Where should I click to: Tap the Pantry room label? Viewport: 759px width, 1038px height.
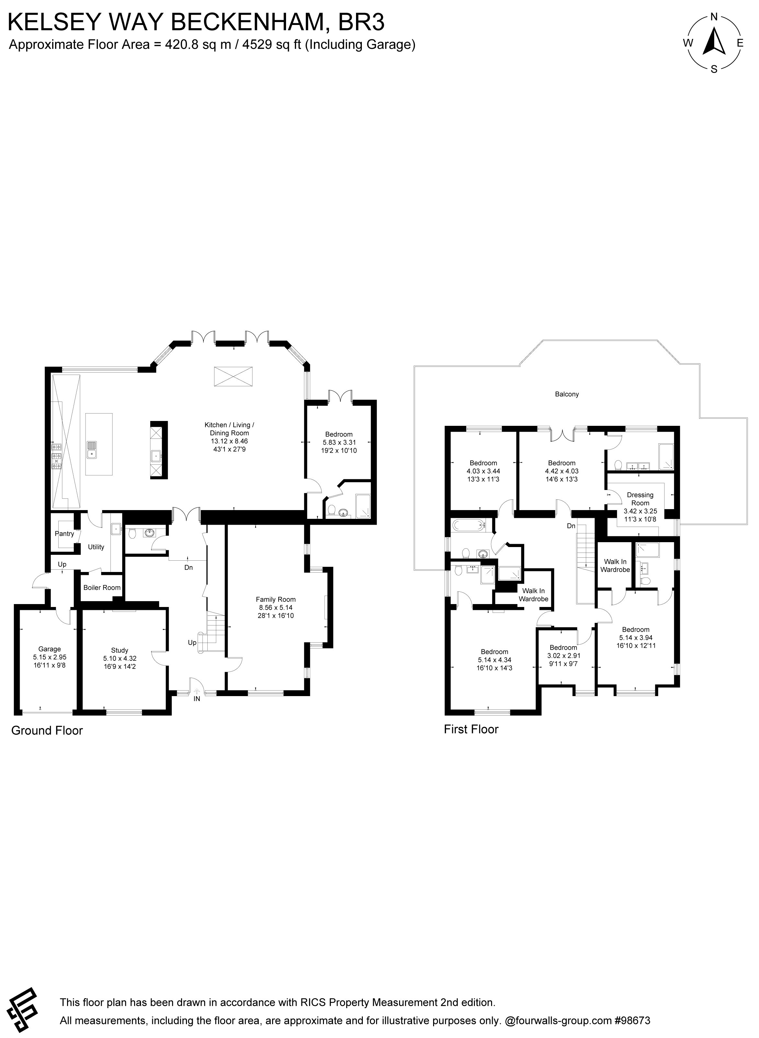click(x=64, y=533)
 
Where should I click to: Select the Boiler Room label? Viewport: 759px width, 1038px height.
click(x=102, y=587)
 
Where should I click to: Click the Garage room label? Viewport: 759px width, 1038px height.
click(x=50, y=649)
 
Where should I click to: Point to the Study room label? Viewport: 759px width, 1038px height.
click(x=120, y=650)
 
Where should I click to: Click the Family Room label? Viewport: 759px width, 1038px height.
click(x=276, y=599)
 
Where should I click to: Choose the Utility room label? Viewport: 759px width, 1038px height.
click(x=96, y=547)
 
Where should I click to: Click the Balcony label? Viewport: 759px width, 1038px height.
click(x=567, y=394)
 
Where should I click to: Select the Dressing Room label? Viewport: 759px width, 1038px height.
click(x=640, y=499)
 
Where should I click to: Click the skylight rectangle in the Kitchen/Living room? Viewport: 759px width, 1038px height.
click(x=233, y=377)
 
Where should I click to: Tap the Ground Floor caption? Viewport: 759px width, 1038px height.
click(x=47, y=730)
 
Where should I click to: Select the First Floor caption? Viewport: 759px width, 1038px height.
click(x=471, y=729)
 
